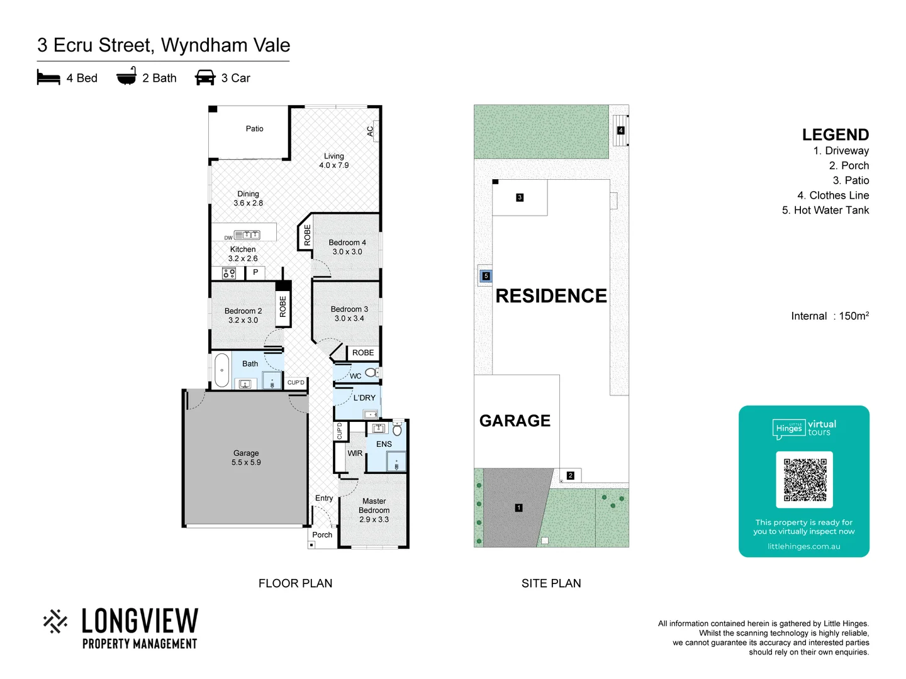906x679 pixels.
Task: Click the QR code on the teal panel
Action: point(804,480)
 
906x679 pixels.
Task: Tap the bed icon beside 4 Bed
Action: point(48,78)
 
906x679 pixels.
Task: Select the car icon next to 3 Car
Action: point(205,78)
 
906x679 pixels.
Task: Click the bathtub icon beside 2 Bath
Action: point(126,77)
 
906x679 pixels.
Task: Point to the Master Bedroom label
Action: point(374,510)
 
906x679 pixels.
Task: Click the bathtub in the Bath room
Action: point(221,370)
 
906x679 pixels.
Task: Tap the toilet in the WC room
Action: point(371,373)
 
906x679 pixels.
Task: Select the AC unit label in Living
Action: point(370,131)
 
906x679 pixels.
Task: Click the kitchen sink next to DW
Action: point(247,235)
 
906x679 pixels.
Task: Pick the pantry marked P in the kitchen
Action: point(255,272)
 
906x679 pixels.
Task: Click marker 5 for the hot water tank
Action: point(486,276)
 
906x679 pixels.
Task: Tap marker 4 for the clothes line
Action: point(620,131)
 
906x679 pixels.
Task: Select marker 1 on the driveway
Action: point(518,507)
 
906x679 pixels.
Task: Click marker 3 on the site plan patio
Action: point(520,197)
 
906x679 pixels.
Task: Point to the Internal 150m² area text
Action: point(829,316)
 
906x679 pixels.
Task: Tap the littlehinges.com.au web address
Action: point(803,546)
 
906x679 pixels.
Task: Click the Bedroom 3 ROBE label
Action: point(363,353)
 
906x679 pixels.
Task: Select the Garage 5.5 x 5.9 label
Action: point(246,458)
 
